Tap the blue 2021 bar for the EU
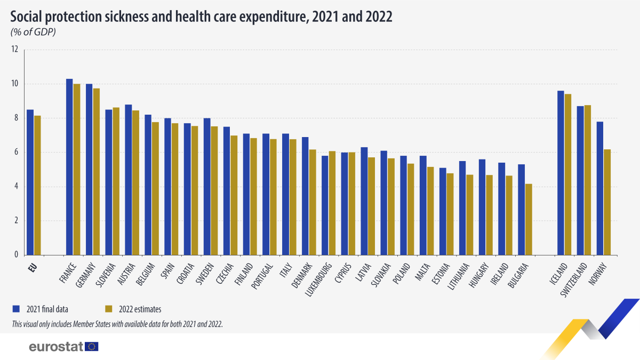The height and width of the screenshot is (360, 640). click(x=30, y=182)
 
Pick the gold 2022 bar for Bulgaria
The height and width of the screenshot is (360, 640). click(x=528, y=219)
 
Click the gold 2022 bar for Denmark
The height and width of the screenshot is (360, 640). click(x=312, y=202)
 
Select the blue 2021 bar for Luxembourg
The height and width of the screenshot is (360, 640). click(x=325, y=205)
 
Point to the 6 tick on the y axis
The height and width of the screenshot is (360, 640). click(x=16, y=152)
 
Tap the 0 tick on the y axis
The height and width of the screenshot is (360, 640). click(x=16, y=254)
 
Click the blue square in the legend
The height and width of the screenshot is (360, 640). click(x=16, y=308)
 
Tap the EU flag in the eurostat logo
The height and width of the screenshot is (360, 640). click(x=92, y=347)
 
